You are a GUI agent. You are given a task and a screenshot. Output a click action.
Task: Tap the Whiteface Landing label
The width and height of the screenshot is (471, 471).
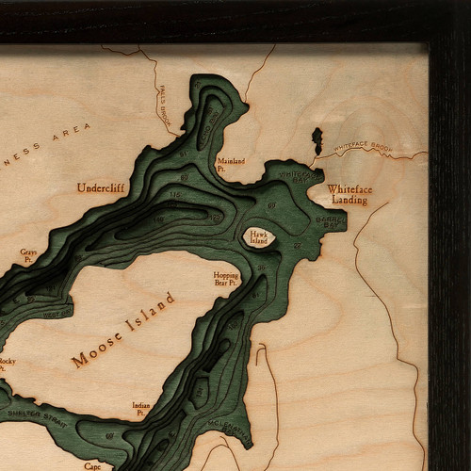[349, 195]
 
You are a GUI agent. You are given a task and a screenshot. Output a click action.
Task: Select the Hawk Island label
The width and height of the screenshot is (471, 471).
[258, 237]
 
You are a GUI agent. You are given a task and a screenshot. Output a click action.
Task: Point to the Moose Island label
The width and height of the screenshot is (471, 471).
[123, 330]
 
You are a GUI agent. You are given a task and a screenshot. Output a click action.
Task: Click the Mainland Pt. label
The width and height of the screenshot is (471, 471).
[230, 164]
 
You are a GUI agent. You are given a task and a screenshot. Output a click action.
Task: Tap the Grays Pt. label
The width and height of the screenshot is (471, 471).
[29, 254]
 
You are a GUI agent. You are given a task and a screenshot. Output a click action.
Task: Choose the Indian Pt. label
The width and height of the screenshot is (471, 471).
[140, 408]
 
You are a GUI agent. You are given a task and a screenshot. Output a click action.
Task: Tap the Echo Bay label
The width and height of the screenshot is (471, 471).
[57, 307]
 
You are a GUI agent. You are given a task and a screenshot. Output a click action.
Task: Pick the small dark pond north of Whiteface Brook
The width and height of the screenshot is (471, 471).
[317, 141]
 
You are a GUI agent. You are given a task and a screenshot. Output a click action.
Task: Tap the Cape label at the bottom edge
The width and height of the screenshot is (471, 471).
[92, 465]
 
